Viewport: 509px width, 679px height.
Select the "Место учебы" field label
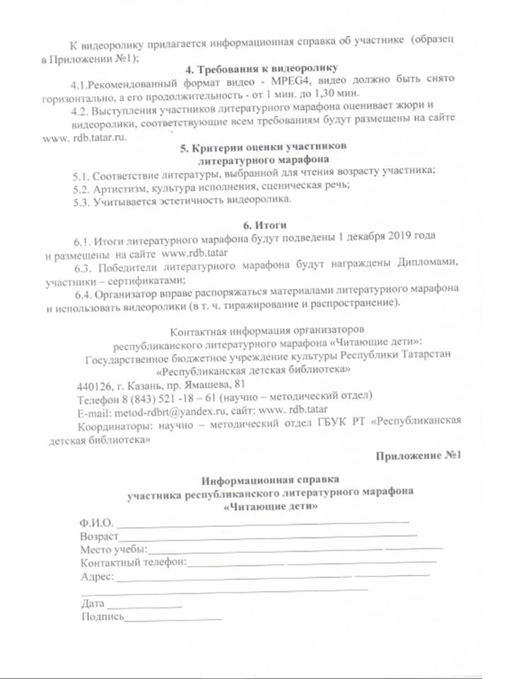113,550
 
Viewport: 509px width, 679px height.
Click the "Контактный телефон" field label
133,563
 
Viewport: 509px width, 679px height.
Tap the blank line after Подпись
173,619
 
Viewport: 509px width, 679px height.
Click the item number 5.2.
83,187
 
